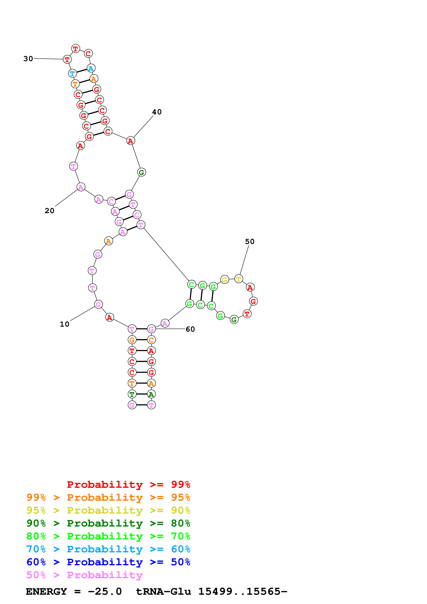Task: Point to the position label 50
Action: coord(250,242)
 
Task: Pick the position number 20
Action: coord(49,211)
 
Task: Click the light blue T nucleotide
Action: coord(72,73)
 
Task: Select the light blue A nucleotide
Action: coord(91,68)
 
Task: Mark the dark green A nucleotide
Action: coord(151,394)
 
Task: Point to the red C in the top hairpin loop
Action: coord(88,53)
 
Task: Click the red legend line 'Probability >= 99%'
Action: coord(128,484)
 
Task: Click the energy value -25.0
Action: coord(105,591)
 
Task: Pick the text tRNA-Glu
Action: coord(163,591)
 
